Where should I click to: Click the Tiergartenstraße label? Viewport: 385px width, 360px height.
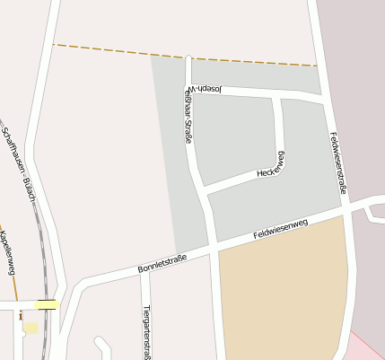click(146, 331)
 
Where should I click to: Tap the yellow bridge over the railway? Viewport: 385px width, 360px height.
click(47, 304)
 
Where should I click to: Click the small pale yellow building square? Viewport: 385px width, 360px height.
click(31, 328)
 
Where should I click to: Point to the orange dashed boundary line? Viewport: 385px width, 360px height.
click(179, 54)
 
